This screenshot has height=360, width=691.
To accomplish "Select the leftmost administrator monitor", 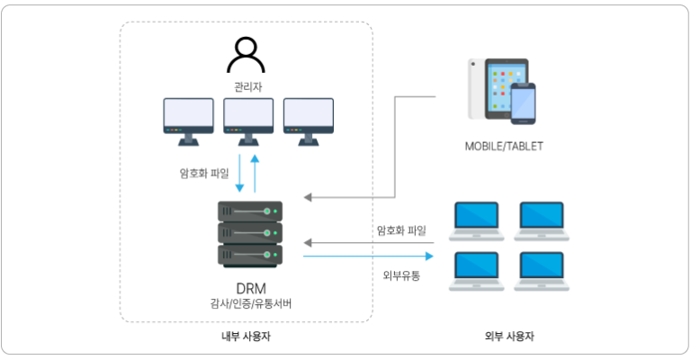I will (x=188, y=118).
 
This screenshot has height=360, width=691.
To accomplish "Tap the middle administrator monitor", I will (x=248, y=118).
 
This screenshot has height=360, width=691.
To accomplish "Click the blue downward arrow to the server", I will (x=240, y=176).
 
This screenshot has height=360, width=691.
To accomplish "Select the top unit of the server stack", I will (x=250, y=211).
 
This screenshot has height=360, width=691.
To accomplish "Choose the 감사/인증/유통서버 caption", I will (x=249, y=304).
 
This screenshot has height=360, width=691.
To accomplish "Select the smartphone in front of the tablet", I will (x=523, y=104).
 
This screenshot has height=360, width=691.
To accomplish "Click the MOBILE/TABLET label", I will (x=504, y=146).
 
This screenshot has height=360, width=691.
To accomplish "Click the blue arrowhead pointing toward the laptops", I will (x=429, y=256).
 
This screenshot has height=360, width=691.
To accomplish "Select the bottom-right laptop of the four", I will (x=541, y=271).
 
